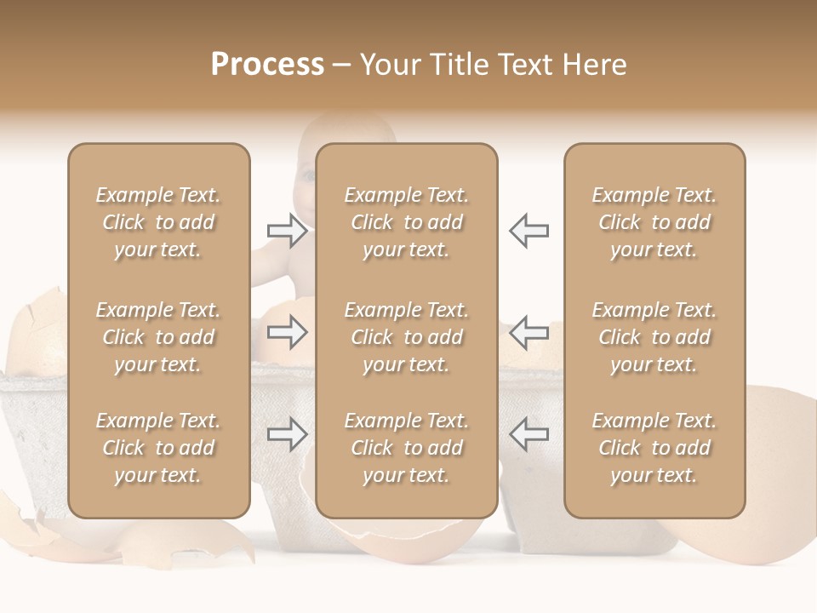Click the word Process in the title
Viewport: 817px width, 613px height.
pyautogui.click(x=267, y=64)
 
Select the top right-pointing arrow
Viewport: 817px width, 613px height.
pyautogui.click(x=287, y=230)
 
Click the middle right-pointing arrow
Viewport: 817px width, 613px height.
pyautogui.click(x=287, y=332)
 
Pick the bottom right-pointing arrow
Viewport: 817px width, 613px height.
pyautogui.click(x=287, y=434)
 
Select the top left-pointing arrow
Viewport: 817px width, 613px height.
pyautogui.click(x=528, y=230)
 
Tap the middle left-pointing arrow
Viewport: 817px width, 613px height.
pyautogui.click(x=528, y=332)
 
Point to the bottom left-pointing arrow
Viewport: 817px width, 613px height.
pyautogui.click(x=528, y=434)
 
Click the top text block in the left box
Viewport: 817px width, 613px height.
pyautogui.click(x=158, y=222)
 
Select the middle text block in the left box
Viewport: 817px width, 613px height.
pyautogui.click(x=158, y=337)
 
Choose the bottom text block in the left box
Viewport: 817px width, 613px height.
pyautogui.click(x=158, y=448)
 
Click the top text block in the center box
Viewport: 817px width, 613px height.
pyautogui.click(x=407, y=222)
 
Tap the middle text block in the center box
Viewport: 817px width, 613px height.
pyautogui.click(x=407, y=337)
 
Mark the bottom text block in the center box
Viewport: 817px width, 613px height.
pyautogui.click(x=407, y=448)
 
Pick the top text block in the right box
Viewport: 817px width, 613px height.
pyautogui.click(x=654, y=222)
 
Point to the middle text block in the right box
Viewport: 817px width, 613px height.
pyautogui.click(x=654, y=337)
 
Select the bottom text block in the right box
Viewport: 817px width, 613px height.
pyautogui.click(x=654, y=448)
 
